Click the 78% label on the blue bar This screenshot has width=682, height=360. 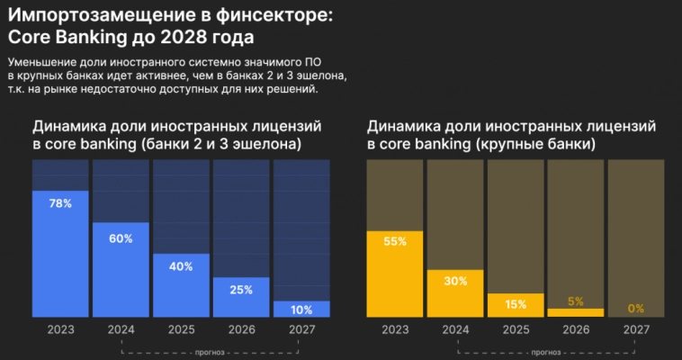coord(60,204)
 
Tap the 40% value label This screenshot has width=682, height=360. coord(181,266)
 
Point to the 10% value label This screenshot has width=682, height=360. coord(301,310)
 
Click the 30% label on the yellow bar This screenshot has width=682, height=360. coord(455,281)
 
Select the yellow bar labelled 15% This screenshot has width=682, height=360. coord(516,305)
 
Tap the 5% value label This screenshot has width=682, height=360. coord(576,301)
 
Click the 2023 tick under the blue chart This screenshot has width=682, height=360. coord(60,330)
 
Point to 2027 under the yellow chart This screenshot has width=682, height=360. coord(636,330)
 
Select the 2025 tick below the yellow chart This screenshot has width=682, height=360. coord(516,330)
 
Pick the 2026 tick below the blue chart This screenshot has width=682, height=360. coord(241,330)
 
